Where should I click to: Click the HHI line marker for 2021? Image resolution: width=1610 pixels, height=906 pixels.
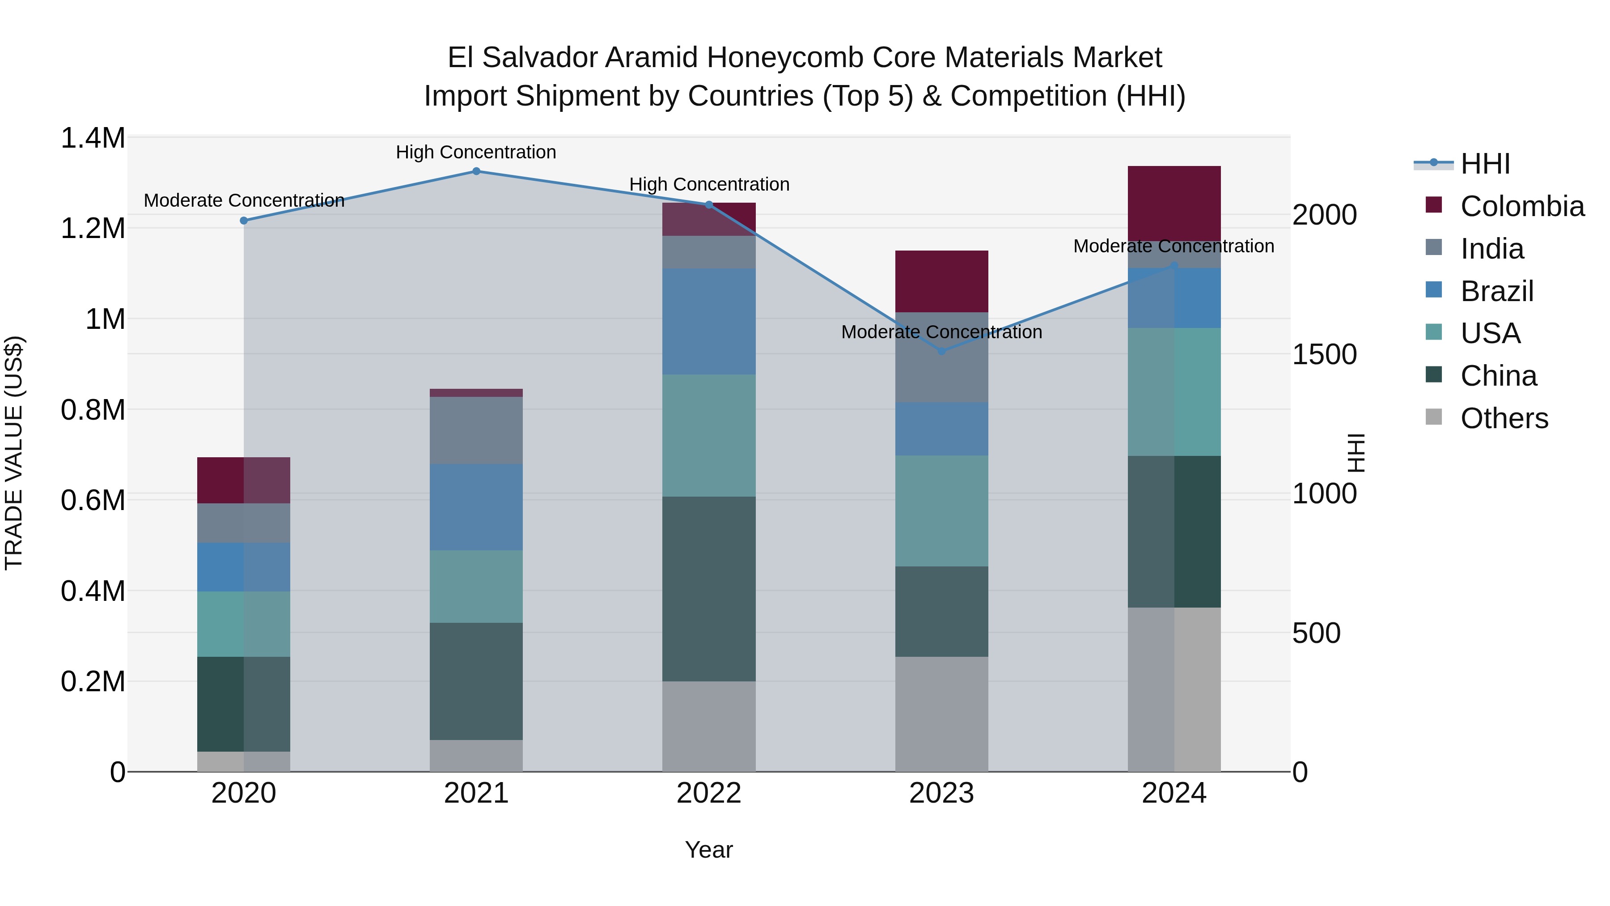(476, 171)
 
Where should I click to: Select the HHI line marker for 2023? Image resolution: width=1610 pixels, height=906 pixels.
(942, 351)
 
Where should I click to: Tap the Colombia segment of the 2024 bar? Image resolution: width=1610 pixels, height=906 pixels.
(1174, 203)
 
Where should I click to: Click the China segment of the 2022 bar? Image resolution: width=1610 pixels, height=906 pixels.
(709, 589)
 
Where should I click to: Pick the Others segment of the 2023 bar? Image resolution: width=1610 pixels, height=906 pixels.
(942, 714)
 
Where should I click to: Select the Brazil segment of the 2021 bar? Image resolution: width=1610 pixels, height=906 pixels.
(476, 507)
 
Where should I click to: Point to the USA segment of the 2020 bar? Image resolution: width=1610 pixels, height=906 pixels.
(244, 624)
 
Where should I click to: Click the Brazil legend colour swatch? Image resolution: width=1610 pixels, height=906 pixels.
(1434, 290)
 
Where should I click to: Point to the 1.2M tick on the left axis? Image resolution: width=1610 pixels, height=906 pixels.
(93, 228)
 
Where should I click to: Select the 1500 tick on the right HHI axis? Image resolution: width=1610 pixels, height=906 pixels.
(1324, 354)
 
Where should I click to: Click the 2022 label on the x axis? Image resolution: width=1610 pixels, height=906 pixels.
(709, 793)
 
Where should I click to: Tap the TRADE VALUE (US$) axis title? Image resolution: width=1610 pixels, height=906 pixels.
(14, 453)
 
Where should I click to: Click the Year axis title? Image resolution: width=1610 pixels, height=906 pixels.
(709, 850)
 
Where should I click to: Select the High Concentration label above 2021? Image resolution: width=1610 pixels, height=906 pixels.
(476, 152)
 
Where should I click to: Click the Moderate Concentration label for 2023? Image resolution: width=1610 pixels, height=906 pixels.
(942, 332)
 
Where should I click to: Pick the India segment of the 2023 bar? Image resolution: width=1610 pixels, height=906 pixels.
(942, 357)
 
